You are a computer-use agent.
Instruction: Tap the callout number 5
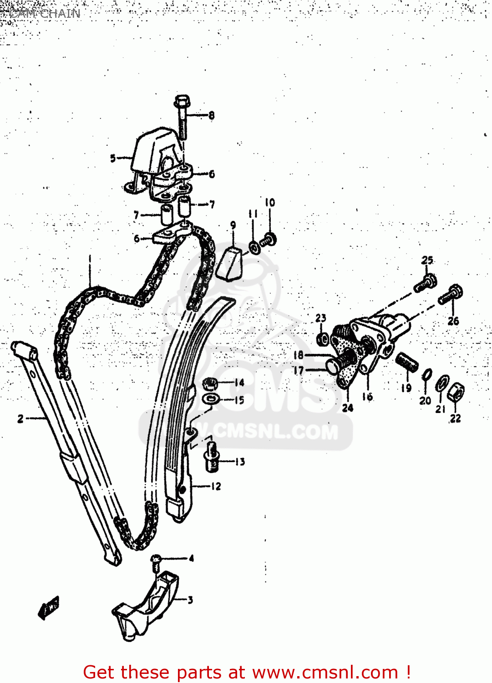coord(113,158)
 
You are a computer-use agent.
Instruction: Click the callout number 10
coord(270,203)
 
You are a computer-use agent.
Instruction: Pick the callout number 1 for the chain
coord(90,259)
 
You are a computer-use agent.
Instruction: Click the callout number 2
coord(20,418)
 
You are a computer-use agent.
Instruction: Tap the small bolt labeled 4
coord(156,561)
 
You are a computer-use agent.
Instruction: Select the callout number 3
coord(190,600)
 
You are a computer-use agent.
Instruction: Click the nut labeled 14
coord(209,383)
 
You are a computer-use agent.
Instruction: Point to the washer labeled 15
coord(211,399)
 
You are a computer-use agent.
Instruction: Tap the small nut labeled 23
coord(322,338)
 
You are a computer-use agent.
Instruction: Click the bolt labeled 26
coord(451,294)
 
